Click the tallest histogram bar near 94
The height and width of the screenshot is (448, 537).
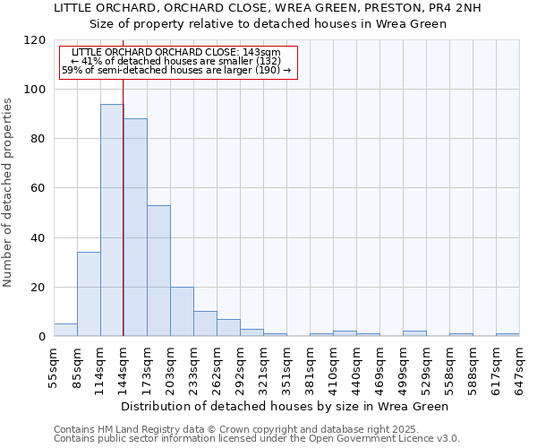[x=112, y=220]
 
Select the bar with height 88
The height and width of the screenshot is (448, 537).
[x=135, y=228]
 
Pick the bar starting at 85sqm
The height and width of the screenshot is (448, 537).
[x=89, y=294]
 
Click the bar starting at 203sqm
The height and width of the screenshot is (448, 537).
[x=182, y=312]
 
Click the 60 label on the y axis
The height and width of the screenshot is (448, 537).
[x=38, y=188]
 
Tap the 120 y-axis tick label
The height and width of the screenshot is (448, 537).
[x=35, y=40]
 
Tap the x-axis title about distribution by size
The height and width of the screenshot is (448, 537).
[x=285, y=406]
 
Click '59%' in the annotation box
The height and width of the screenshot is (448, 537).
[x=72, y=70]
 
